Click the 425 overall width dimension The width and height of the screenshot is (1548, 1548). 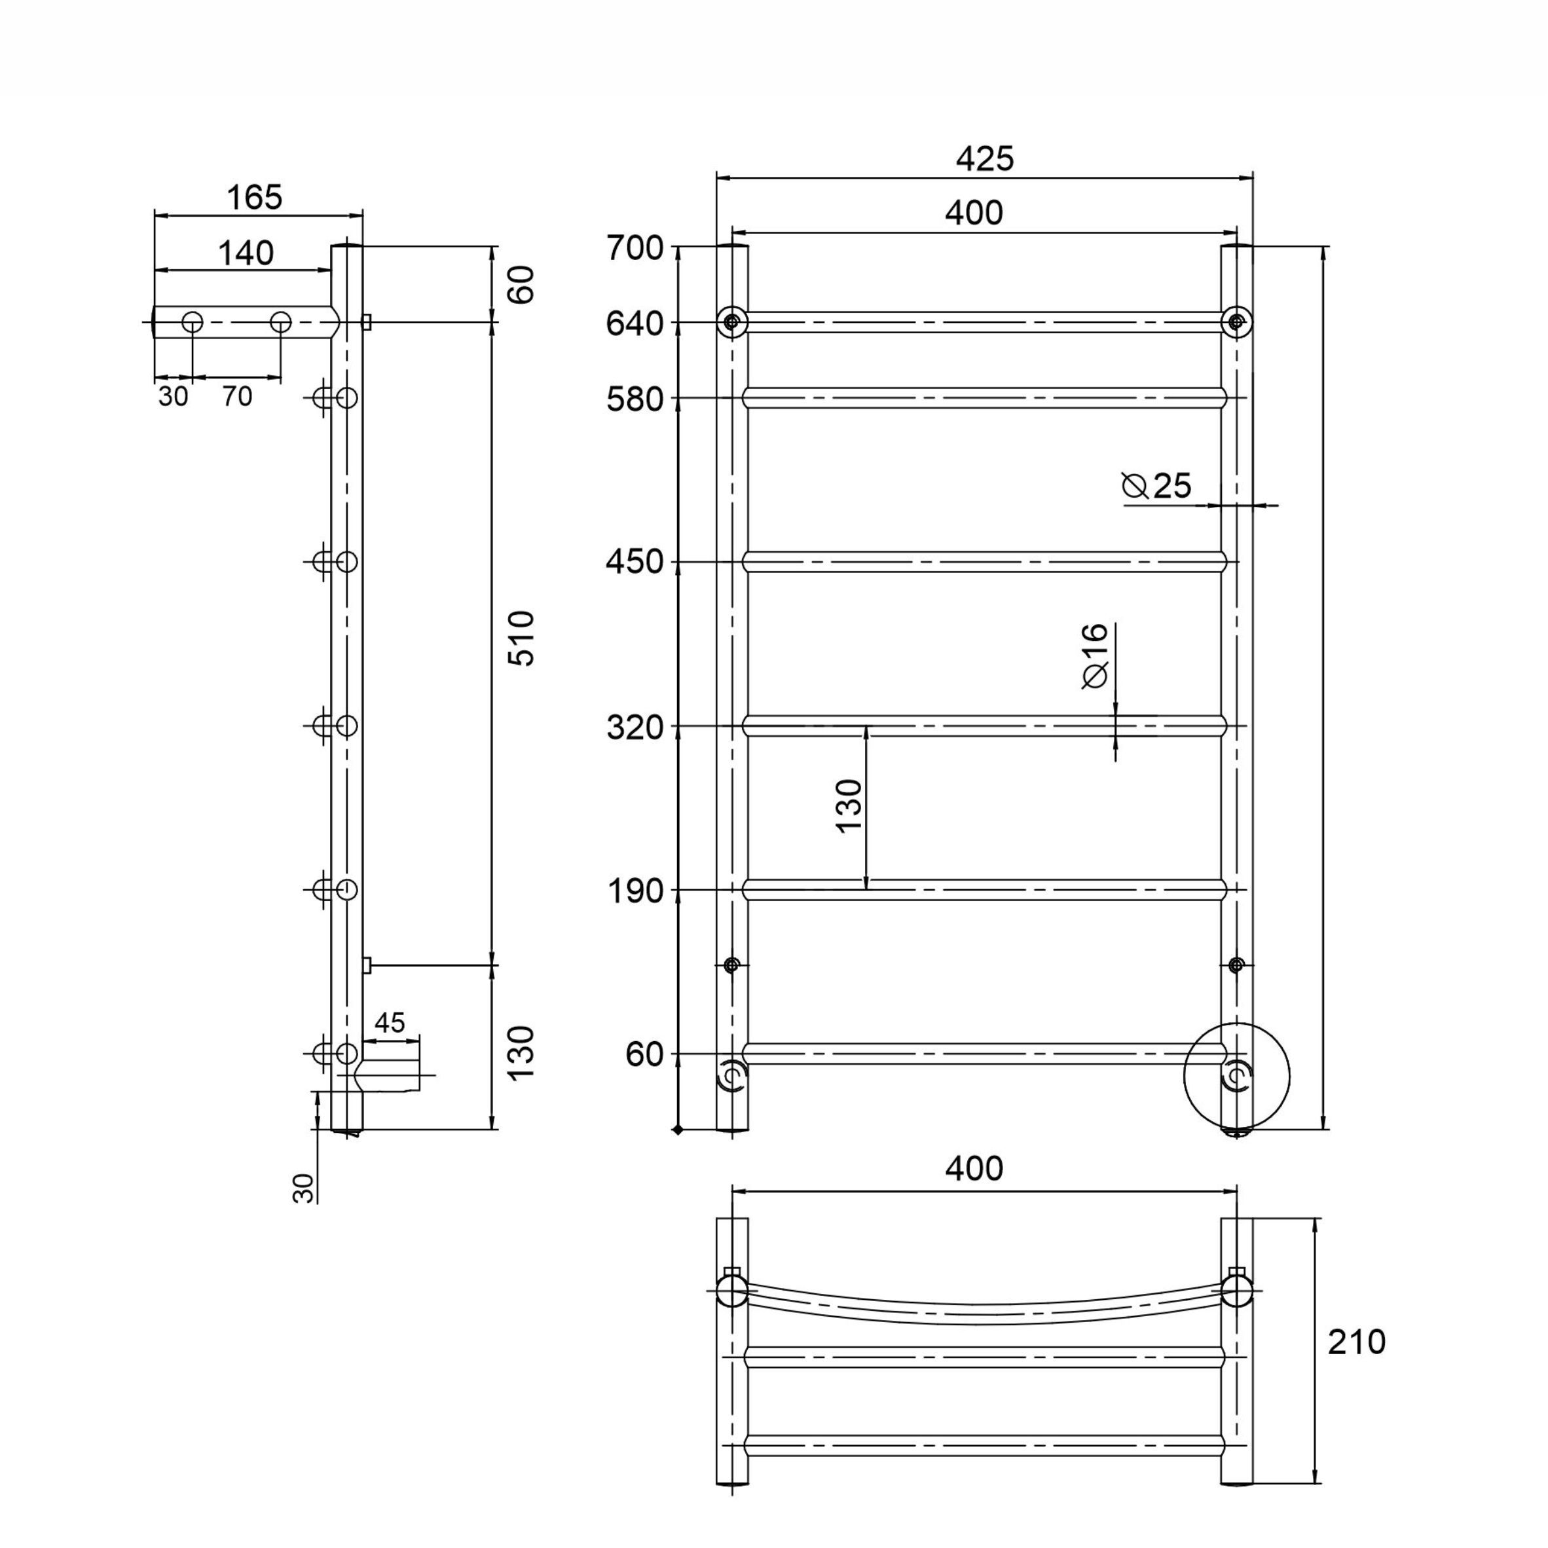(x=985, y=158)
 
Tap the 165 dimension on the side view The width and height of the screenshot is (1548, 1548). (x=254, y=197)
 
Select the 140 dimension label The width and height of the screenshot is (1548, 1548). (x=246, y=253)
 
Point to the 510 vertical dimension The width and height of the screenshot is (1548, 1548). (x=522, y=638)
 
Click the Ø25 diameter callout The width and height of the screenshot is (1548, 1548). (x=1157, y=487)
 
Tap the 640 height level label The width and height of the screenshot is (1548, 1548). (x=635, y=323)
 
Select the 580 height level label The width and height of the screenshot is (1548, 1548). (x=635, y=399)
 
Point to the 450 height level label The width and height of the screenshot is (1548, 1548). (x=635, y=562)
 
